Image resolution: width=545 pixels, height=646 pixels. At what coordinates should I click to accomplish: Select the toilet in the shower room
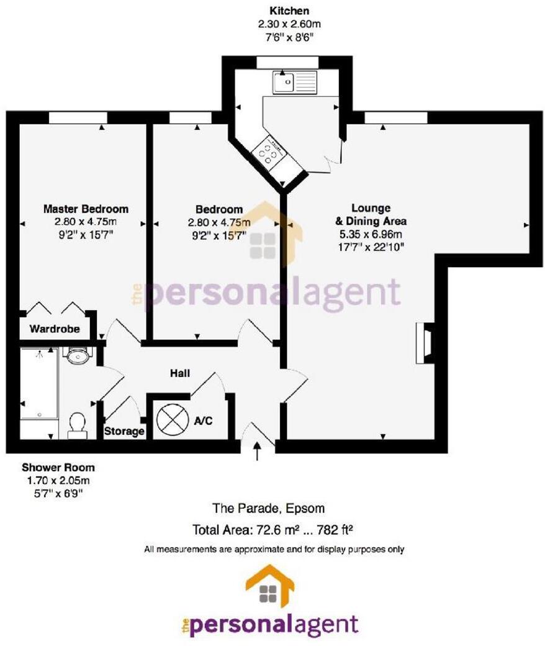pos(77,425)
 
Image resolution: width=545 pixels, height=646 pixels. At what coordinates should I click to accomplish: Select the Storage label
pos(124,430)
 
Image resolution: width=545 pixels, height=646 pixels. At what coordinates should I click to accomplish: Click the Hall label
pos(180,373)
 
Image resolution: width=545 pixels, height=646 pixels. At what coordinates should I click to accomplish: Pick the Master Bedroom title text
pos(86,209)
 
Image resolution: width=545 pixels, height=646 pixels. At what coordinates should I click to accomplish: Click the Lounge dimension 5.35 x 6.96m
pos(371,234)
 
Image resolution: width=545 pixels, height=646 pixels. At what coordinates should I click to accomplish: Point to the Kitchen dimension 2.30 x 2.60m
pos(289,24)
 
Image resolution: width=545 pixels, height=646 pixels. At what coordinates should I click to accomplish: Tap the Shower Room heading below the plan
pos(58,467)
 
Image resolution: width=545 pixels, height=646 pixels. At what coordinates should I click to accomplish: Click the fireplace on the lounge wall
pos(425,342)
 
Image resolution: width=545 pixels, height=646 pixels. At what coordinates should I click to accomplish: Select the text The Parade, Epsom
pos(269,508)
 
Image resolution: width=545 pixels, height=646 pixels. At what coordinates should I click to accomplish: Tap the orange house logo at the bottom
pos(270,585)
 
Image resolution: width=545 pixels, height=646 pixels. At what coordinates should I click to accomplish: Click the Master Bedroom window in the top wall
pos(78,118)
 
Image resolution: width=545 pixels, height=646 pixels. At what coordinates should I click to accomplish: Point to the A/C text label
pos(204,421)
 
